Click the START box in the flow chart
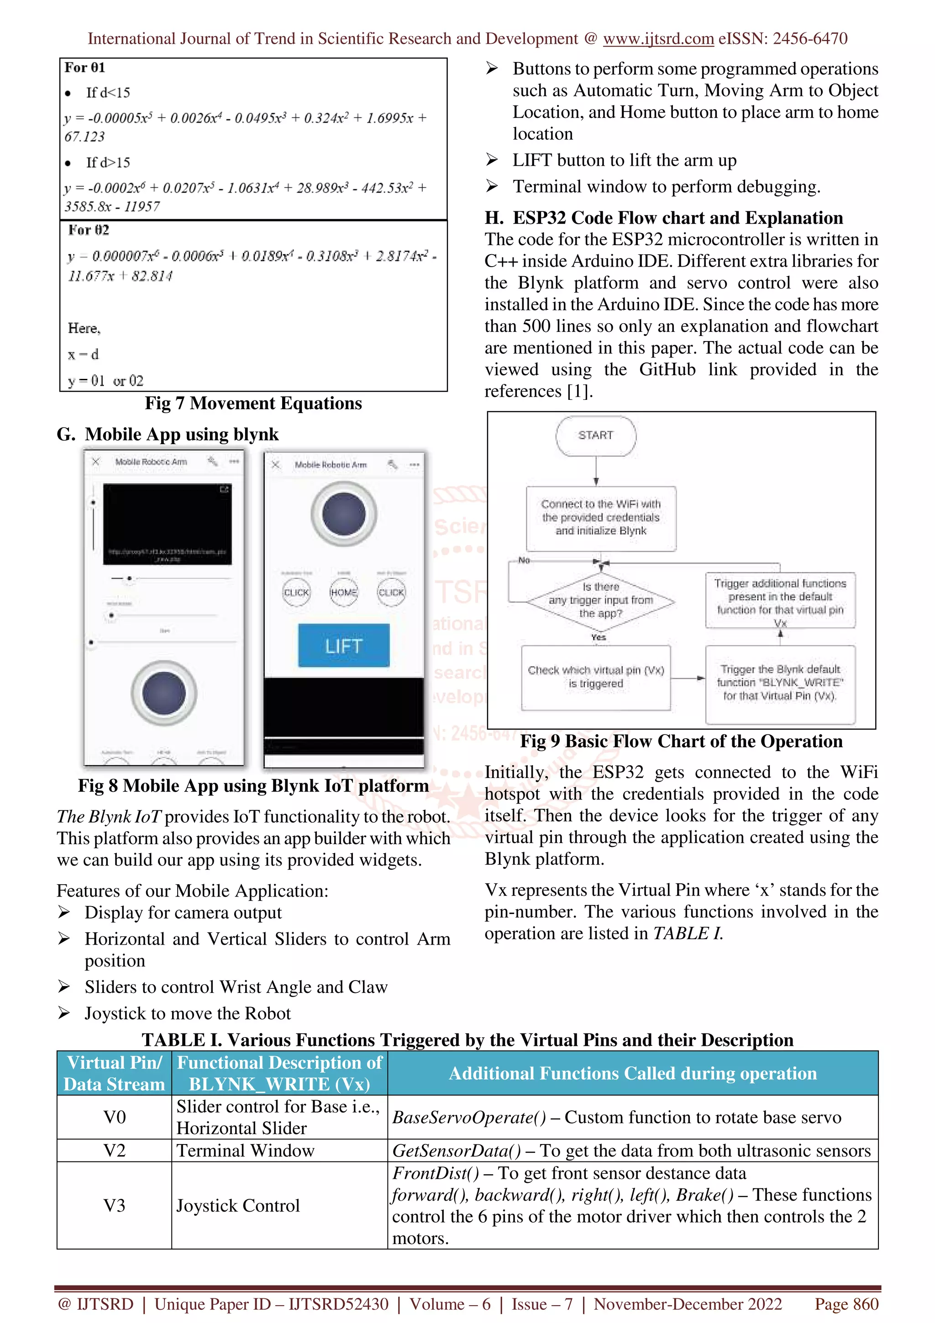point(596,436)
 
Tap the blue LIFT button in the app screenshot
point(343,646)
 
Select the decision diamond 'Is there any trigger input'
point(600,600)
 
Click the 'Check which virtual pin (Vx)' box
point(596,677)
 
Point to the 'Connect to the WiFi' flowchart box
point(600,517)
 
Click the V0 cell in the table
point(114,1117)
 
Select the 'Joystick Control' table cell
point(237,1206)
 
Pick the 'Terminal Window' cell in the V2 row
point(246,1151)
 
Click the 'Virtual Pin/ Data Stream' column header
point(114,1073)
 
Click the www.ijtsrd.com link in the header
point(658,39)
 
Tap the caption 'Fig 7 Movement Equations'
point(253,404)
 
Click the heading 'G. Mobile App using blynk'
point(168,434)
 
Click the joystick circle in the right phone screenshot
point(344,514)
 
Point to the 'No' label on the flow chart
point(524,560)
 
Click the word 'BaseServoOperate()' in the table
point(468,1117)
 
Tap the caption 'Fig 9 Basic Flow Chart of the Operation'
point(681,741)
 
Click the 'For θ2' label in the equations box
point(88,231)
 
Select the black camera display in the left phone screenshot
point(167,524)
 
